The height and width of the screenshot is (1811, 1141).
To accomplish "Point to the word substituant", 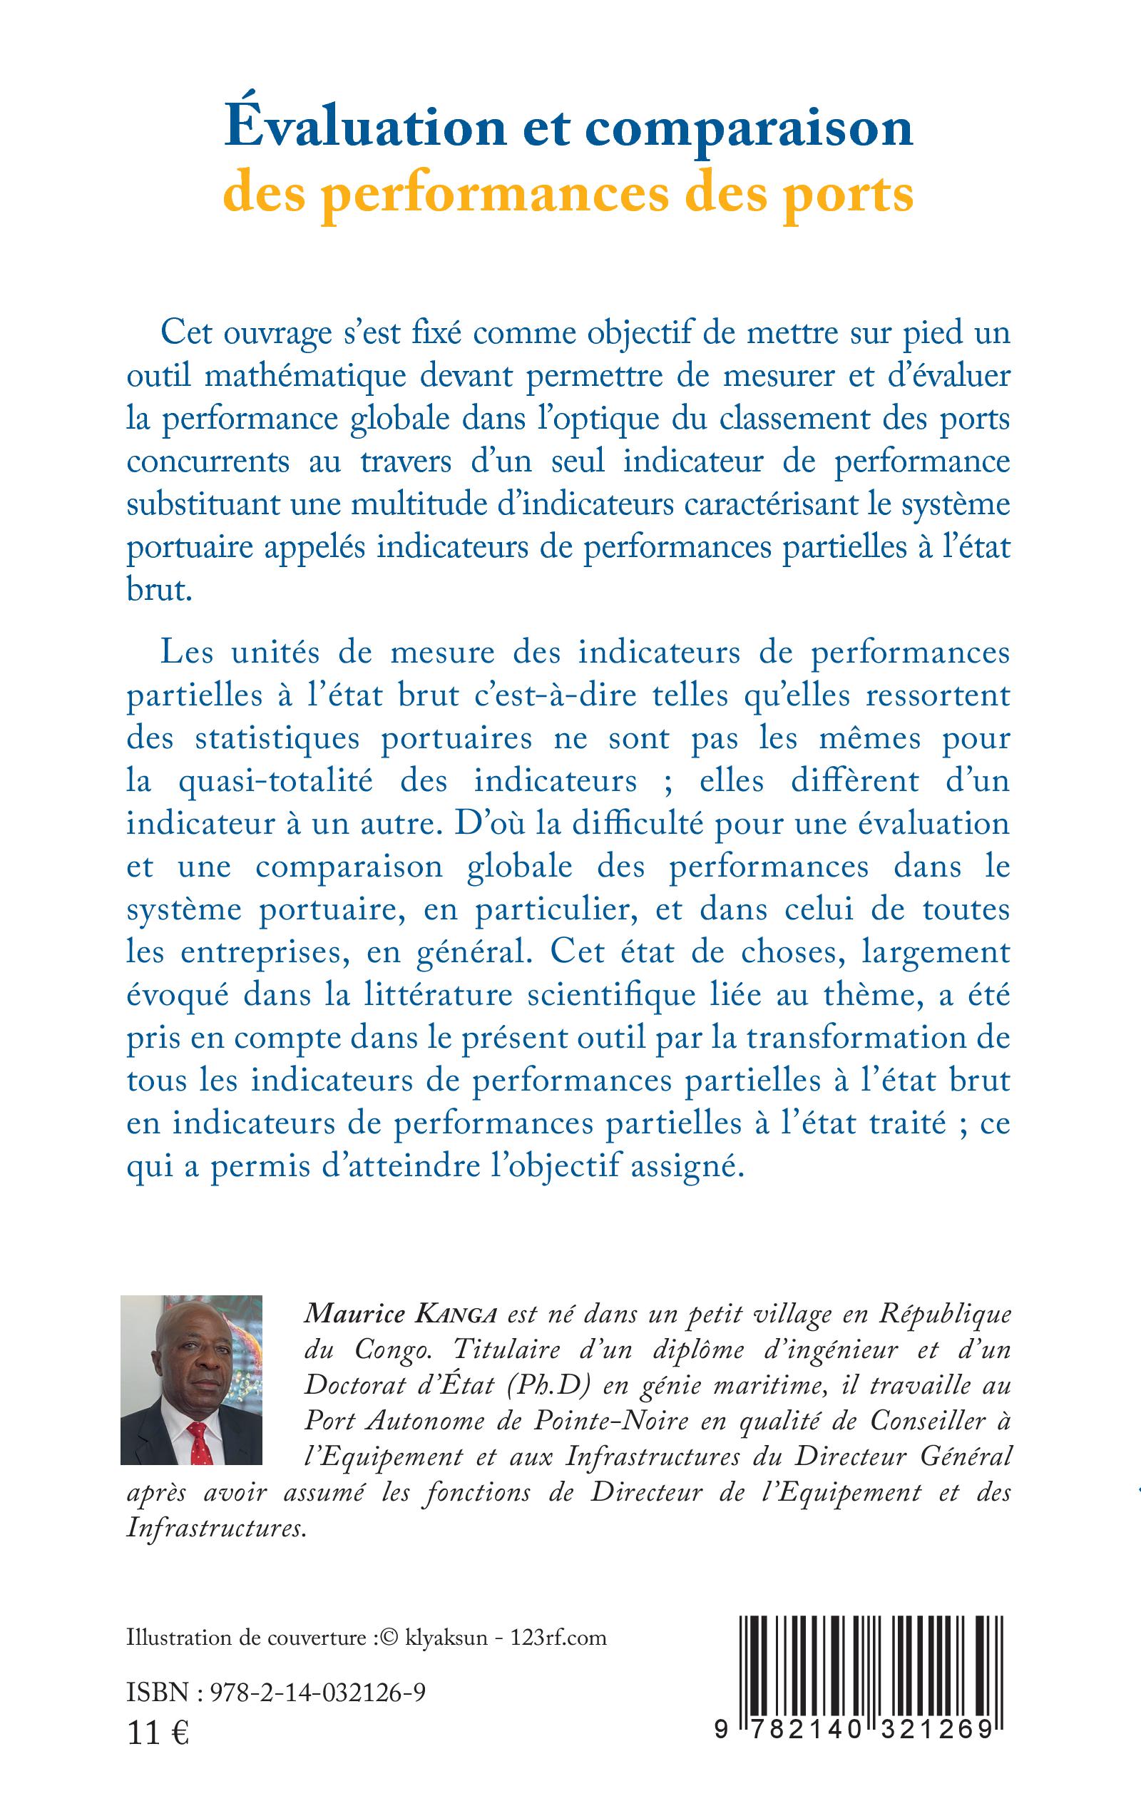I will pos(193,504).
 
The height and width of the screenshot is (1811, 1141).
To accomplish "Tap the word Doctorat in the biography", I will pos(348,1385).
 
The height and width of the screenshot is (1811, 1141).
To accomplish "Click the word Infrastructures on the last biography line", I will pos(215,1527).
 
